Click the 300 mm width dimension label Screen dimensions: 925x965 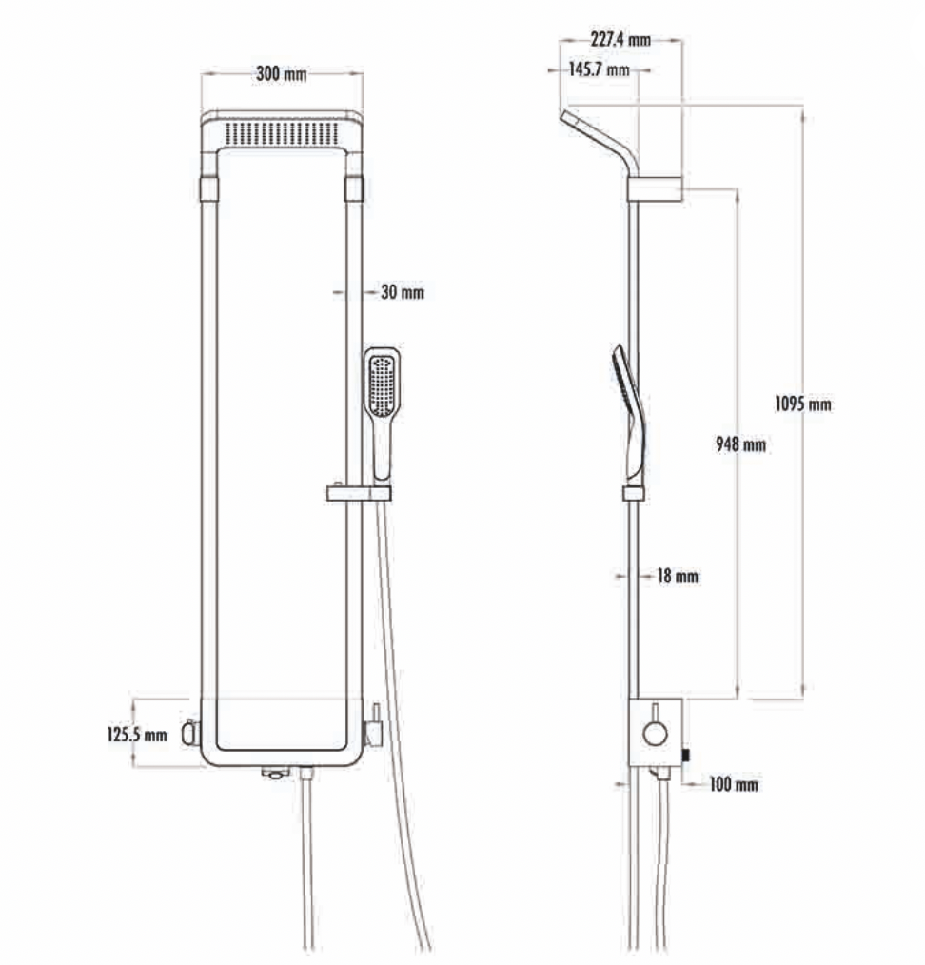(282, 74)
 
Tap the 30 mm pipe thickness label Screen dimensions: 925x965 (403, 292)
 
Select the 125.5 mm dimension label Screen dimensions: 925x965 (137, 734)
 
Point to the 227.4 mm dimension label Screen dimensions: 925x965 (620, 39)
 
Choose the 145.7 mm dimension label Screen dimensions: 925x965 (599, 69)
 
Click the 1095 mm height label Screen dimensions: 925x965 (802, 404)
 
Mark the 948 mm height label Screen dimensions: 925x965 (741, 443)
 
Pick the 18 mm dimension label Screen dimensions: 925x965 (678, 576)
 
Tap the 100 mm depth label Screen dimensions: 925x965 (734, 784)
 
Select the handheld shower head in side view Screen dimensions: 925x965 (629, 412)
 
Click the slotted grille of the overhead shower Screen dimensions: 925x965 (282, 133)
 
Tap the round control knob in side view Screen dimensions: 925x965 (655, 734)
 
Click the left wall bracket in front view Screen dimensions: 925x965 (209, 189)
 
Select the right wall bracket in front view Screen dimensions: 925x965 (354, 189)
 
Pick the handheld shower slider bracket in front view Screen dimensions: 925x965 (359, 493)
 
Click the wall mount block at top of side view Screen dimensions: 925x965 (655, 189)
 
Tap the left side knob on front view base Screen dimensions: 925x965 (190, 733)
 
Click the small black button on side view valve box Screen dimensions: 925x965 (685, 755)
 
